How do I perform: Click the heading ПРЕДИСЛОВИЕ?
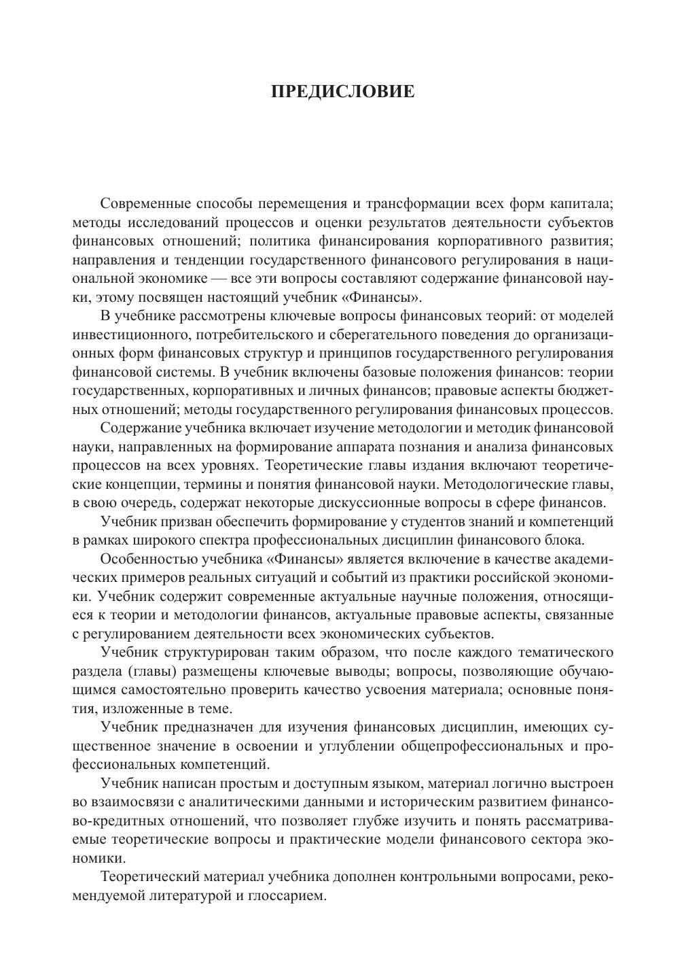click(342, 91)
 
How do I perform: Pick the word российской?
click(501, 578)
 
